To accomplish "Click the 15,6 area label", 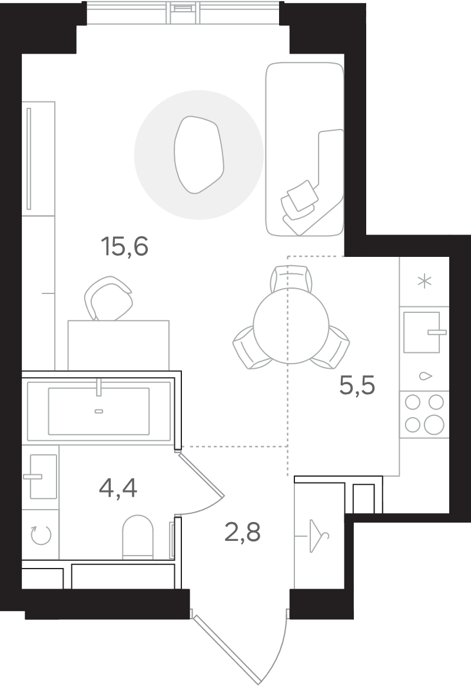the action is click(x=125, y=246).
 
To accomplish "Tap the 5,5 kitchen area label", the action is click(x=357, y=385).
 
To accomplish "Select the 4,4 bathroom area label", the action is click(x=118, y=488).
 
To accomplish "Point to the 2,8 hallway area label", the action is click(x=243, y=533).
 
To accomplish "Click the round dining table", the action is click(x=291, y=326).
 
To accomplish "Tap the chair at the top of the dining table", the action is click(x=291, y=278).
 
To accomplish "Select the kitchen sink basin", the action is click(x=421, y=332).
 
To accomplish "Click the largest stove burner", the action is click(x=434, y=425).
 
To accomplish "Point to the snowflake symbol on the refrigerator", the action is click(x=424, y=281).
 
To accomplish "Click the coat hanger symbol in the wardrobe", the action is click(x=319, y=536).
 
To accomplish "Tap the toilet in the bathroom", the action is click(x=138, y=537).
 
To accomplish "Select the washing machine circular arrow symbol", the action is click(x=41, y=534).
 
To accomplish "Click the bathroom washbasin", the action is click(x=43, y=476).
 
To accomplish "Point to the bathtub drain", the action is click(x=99, y=411).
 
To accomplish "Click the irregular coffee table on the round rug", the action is click(x=199, y=154).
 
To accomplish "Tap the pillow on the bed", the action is click(x=303, y=195).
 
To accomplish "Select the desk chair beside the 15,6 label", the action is click(x=108, y=298).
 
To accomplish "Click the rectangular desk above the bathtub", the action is click(x=118, y=345).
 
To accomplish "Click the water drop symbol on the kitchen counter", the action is click(x=426, y=376).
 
